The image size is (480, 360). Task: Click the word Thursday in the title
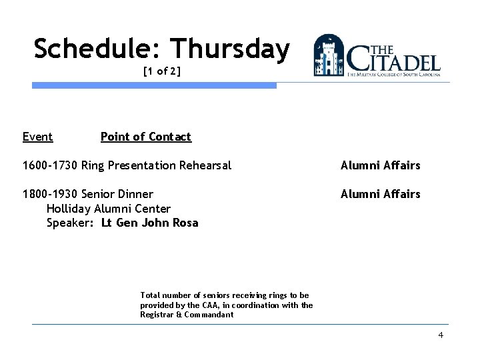pyautogui.click(x=230, y=49)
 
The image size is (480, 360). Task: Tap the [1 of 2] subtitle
pyautogui.click(x=161, y=71)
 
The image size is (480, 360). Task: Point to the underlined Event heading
pyautogui.click(x=37, y=137)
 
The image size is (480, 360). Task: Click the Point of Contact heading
pyautogui.click(x=145, y=137)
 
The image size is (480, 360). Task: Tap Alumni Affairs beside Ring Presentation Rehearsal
pyautogui.click(x=380, y=165)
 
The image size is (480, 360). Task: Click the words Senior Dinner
pyautogui.click(x=117, y=194)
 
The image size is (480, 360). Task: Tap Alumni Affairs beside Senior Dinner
pyautogui.click(x=380, y=194)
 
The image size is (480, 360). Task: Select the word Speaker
pyautogui.click(x=69, y=223)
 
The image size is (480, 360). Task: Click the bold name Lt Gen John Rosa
pyautogui.click(x=150, y=223)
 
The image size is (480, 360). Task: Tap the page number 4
pyautogui.click(x=441, y=335)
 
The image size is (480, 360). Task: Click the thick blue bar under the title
pyautogui.click(x=154, y=85)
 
